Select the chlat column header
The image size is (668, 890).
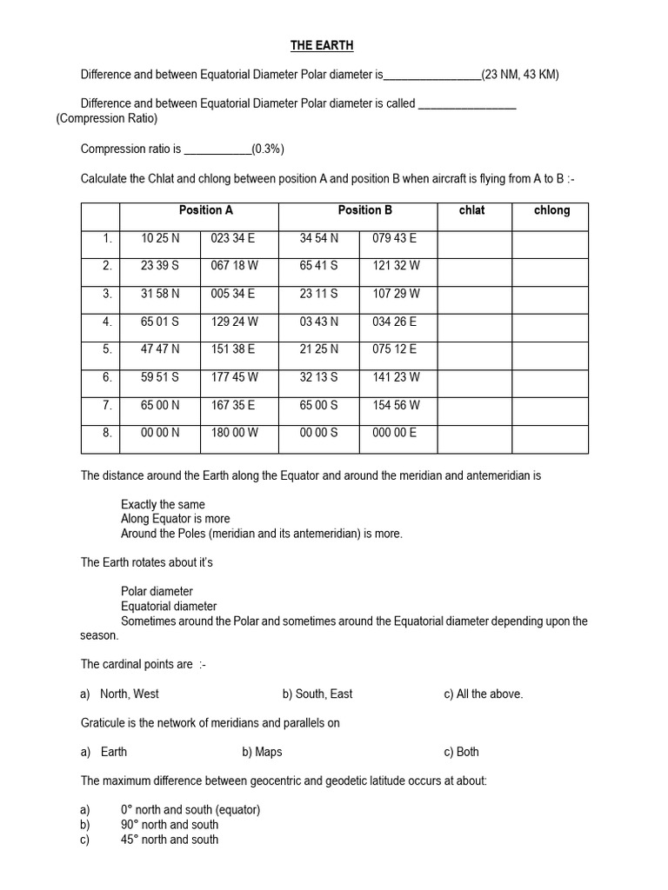point(472,210)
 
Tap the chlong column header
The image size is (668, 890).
point(551,210)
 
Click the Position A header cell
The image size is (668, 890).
point(206,210)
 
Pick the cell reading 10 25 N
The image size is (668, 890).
point(160,238)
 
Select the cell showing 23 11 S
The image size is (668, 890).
point(318,294)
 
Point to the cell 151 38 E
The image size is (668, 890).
point(233,349)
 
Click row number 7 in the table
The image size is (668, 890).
point(107,405)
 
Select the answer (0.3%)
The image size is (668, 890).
point(268,149)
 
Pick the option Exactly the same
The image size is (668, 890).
point(164,505)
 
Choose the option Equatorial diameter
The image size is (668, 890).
point(169,607)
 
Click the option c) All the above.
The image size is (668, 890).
point(483,694)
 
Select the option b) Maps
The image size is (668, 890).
point(262,753)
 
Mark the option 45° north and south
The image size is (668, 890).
point(170,840)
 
